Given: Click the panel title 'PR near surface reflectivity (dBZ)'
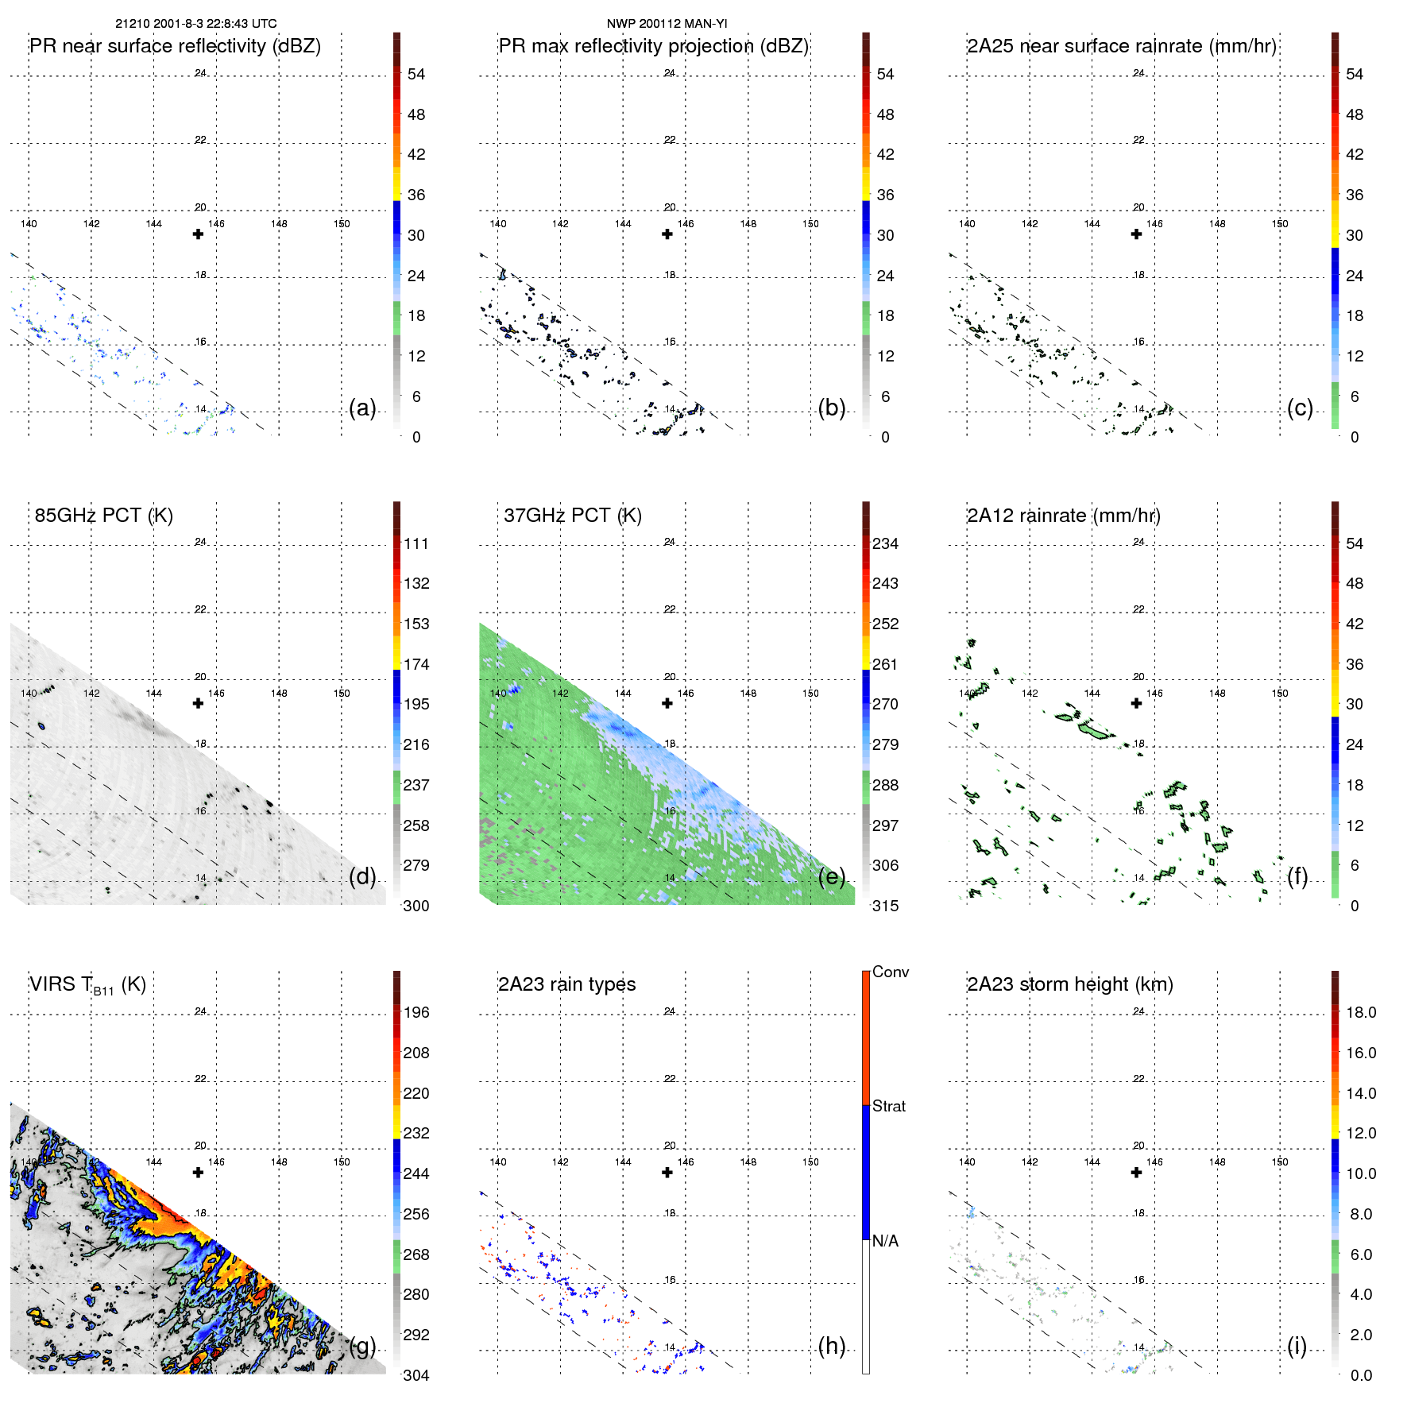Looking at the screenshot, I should [175, 46].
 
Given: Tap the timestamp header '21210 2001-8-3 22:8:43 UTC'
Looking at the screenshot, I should [196, 24].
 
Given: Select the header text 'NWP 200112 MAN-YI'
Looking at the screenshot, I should [667, 24].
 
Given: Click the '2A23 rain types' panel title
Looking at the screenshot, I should [566, 984].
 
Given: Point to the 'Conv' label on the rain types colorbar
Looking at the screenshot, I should [891, 972].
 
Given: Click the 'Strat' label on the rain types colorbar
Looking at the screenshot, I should [889, 1106].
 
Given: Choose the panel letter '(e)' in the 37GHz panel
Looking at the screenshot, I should [831, 876].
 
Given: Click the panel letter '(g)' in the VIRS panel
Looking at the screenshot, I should [362, 1346].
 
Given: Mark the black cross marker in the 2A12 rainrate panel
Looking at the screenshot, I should [1136, 703].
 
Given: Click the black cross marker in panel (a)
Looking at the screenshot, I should [198, 234].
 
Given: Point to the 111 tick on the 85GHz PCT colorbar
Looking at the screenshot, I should [416, 543].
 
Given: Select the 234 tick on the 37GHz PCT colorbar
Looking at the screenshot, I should [885, 543].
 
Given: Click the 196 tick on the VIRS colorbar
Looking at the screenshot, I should [416, 1012].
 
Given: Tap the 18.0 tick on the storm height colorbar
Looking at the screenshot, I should [1361, 1012].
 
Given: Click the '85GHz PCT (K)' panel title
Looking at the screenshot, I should [103, 516].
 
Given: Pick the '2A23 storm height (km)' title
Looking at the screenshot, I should [1069, 984].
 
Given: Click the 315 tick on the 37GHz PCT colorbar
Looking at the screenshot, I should [885, 906].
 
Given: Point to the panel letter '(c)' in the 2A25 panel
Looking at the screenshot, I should [1300, 408].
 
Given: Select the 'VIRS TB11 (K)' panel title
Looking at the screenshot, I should [87, 985].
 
